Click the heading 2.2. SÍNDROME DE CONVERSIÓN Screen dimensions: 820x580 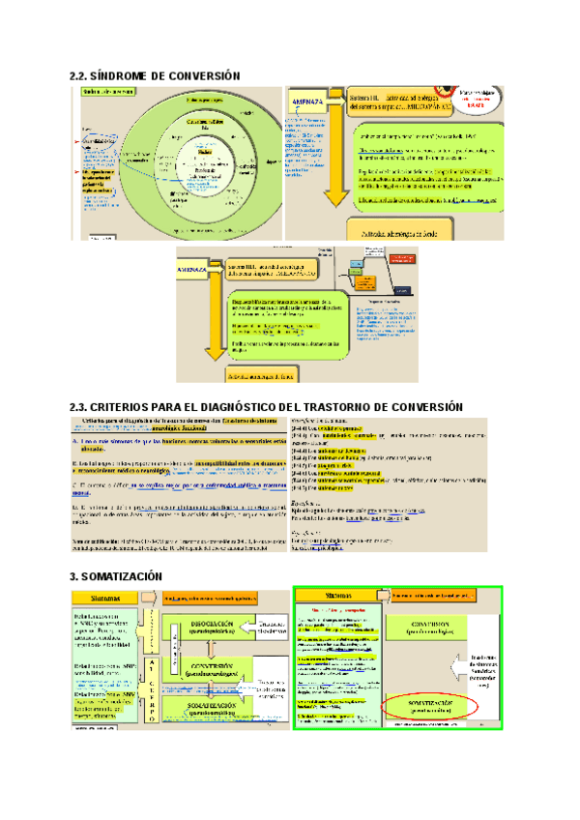tap(155, 75)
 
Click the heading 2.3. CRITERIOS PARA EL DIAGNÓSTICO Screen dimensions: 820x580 tap(267, 407)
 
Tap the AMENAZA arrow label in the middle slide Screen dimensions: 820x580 tap(197, 272)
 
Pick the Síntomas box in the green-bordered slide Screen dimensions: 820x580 tap(339, 596)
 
